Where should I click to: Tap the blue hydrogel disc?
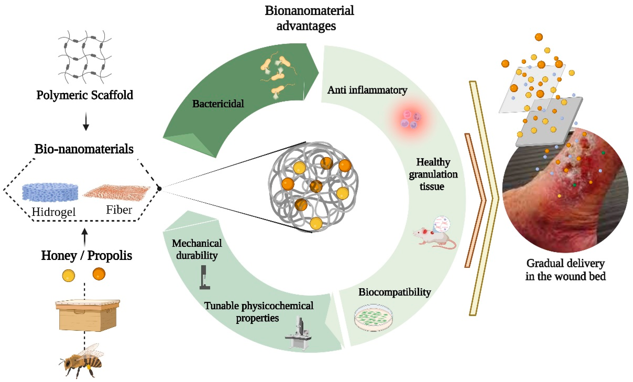50,192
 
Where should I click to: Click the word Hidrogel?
54,212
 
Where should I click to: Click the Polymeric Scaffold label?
85,95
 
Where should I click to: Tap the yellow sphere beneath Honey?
69,276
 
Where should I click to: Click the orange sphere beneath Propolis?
99,274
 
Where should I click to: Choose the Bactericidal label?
218,104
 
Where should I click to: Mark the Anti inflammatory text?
367,90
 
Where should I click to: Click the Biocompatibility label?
394,292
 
